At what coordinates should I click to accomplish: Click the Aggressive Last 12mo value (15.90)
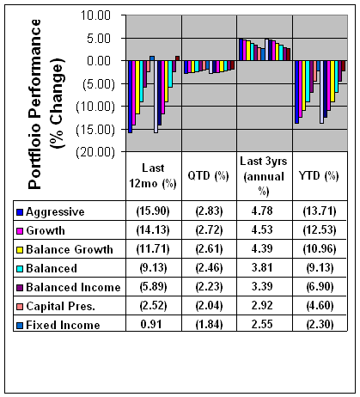153,211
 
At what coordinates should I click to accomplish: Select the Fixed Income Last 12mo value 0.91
151,325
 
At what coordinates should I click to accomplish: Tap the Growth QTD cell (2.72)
209,230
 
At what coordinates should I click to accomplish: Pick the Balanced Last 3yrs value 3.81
262,268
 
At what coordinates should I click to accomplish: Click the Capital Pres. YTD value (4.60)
320,306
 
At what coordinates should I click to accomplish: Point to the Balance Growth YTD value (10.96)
320,249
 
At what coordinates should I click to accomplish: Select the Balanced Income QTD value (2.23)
209,287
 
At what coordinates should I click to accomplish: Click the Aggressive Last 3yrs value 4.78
262,211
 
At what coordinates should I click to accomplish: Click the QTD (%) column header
208,175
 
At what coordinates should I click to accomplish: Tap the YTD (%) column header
319,175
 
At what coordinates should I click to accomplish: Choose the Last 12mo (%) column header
153,175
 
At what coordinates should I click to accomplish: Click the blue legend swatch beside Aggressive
20,212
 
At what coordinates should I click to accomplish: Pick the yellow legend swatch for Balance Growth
20,250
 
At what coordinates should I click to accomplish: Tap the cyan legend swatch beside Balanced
20,269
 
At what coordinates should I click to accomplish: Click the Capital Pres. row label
60,306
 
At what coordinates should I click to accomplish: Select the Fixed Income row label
63,325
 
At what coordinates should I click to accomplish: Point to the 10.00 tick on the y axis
95,15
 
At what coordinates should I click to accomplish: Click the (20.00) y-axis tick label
95,152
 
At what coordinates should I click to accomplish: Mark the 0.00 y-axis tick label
99,61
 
